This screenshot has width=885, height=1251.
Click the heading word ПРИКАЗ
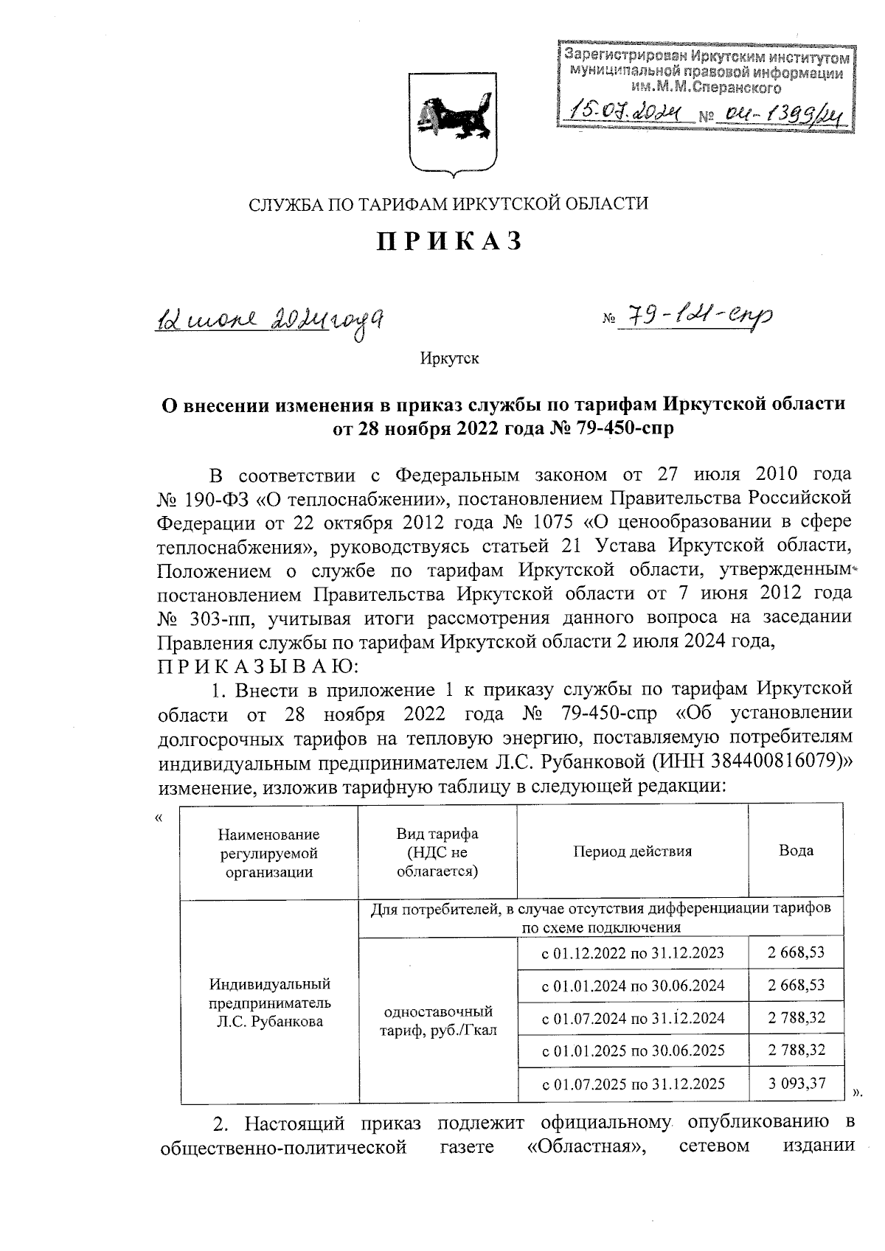click(449, 242)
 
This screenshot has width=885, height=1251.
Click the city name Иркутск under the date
click(449, 359)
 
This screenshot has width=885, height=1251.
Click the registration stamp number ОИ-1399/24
click(784, 113)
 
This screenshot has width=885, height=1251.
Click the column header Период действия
click(632, 851)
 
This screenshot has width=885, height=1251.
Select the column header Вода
click(796, 850)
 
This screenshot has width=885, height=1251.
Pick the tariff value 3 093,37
click(796, 1084)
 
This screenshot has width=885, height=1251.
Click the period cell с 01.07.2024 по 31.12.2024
click(633, 1018)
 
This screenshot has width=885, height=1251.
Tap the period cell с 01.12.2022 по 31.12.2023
click(633, 952)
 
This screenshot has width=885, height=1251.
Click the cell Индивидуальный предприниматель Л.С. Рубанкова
click(269, 1003)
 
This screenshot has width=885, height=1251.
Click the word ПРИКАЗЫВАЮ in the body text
click(257, 666)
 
